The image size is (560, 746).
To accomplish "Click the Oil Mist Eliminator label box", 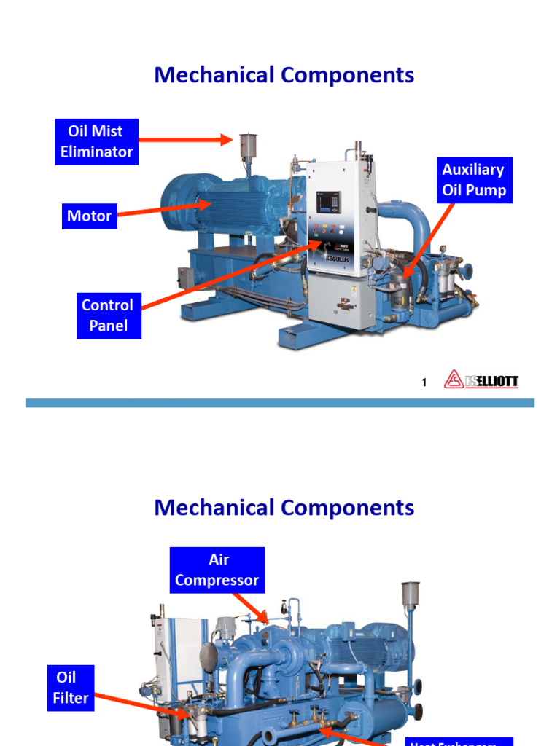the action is pos(96,141).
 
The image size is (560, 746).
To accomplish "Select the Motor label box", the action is pos(89,216).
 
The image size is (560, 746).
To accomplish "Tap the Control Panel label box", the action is pos(108,315).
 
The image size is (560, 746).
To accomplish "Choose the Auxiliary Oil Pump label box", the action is pos(473,180).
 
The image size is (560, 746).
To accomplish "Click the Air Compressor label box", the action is pos(217,570).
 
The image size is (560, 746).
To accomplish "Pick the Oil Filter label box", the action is pos(71,687).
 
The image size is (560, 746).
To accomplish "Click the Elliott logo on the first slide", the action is pos(481,381).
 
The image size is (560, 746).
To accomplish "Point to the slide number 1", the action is pos(424,382).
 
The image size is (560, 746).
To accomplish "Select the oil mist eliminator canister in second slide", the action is pos(411,595).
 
